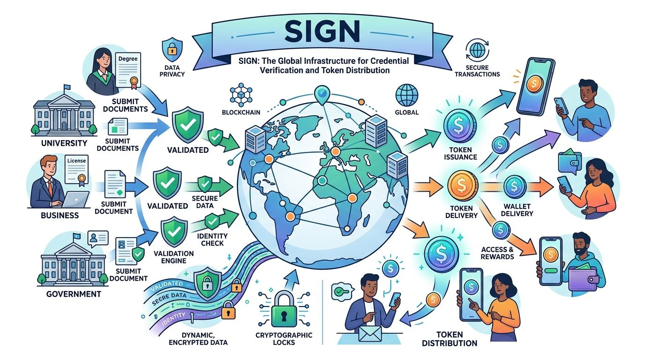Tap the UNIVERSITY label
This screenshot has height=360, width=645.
pyautogui.click(x=64, y=142)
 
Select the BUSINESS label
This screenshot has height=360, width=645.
pyautogui.click(x=60, y=216)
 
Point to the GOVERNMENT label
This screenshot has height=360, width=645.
pyautogui.click(x=73, y=294)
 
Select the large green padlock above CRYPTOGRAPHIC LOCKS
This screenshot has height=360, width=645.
pyautogui.click(x=283, y=309)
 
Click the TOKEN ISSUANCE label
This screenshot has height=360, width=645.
pyautogui.click(x=460, y=153)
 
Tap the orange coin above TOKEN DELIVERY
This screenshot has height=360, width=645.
pyautogui.click(x=462, y=185)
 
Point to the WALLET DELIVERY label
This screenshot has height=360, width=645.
pyautogui.click(x=517, y=210)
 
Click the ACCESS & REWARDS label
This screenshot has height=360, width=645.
pyautogui.click(x=497, y=253)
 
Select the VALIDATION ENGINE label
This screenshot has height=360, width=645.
pyautogui.click(x=174, y=256)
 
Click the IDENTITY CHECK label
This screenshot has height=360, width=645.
pyautogui.click(x=212, y=239)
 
